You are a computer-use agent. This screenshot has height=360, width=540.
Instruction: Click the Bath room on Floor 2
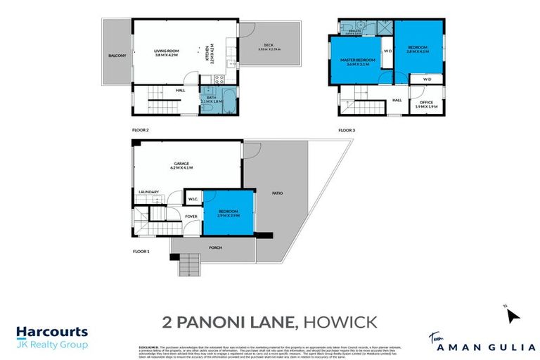tap(212, 99)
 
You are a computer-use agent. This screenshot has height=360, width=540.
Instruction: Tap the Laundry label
tap(148, 192)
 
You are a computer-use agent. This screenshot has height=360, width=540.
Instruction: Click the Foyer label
tap(191, 216)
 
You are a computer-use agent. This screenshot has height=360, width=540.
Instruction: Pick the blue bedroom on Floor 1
tap(228, 213)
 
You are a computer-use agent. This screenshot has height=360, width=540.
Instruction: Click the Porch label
tap(215, 247)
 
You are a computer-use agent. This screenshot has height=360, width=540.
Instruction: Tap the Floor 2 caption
tap(141, 130)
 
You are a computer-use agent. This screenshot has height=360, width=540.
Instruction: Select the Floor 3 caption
tap(347, 130)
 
